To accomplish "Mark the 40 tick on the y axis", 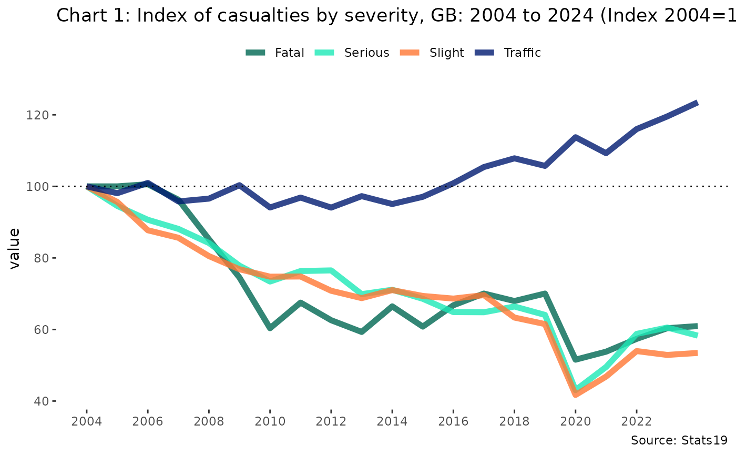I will tap(42, 401).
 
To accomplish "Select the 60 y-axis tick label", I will tap(42, 329).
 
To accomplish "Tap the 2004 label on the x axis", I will tap(87, 422).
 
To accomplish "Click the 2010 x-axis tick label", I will tap(270, 422).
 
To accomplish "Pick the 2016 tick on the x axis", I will tap(453, 422).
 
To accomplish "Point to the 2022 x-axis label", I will tap(636, 422).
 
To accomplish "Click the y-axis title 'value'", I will tap(15, 248).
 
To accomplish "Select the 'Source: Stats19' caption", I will tap(679, 440).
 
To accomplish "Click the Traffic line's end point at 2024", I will tap(697, 103).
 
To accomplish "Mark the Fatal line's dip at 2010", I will tap(270, 328).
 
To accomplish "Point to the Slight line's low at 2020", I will tap(576, 395).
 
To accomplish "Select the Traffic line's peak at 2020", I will tap(576, 137).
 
